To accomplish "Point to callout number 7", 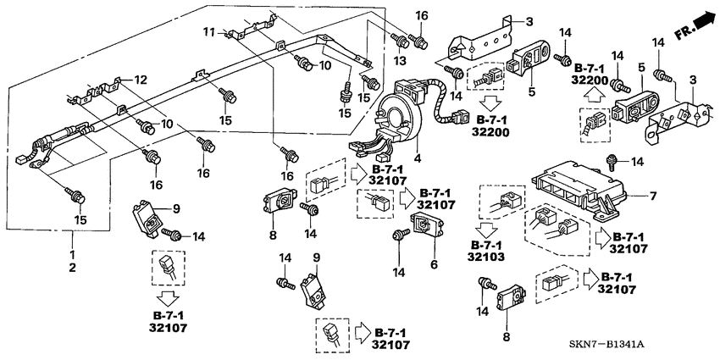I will pos(652,197).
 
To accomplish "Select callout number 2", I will pos(72,268).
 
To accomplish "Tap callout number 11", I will pos(206,32).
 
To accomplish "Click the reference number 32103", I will pos(492,256).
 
